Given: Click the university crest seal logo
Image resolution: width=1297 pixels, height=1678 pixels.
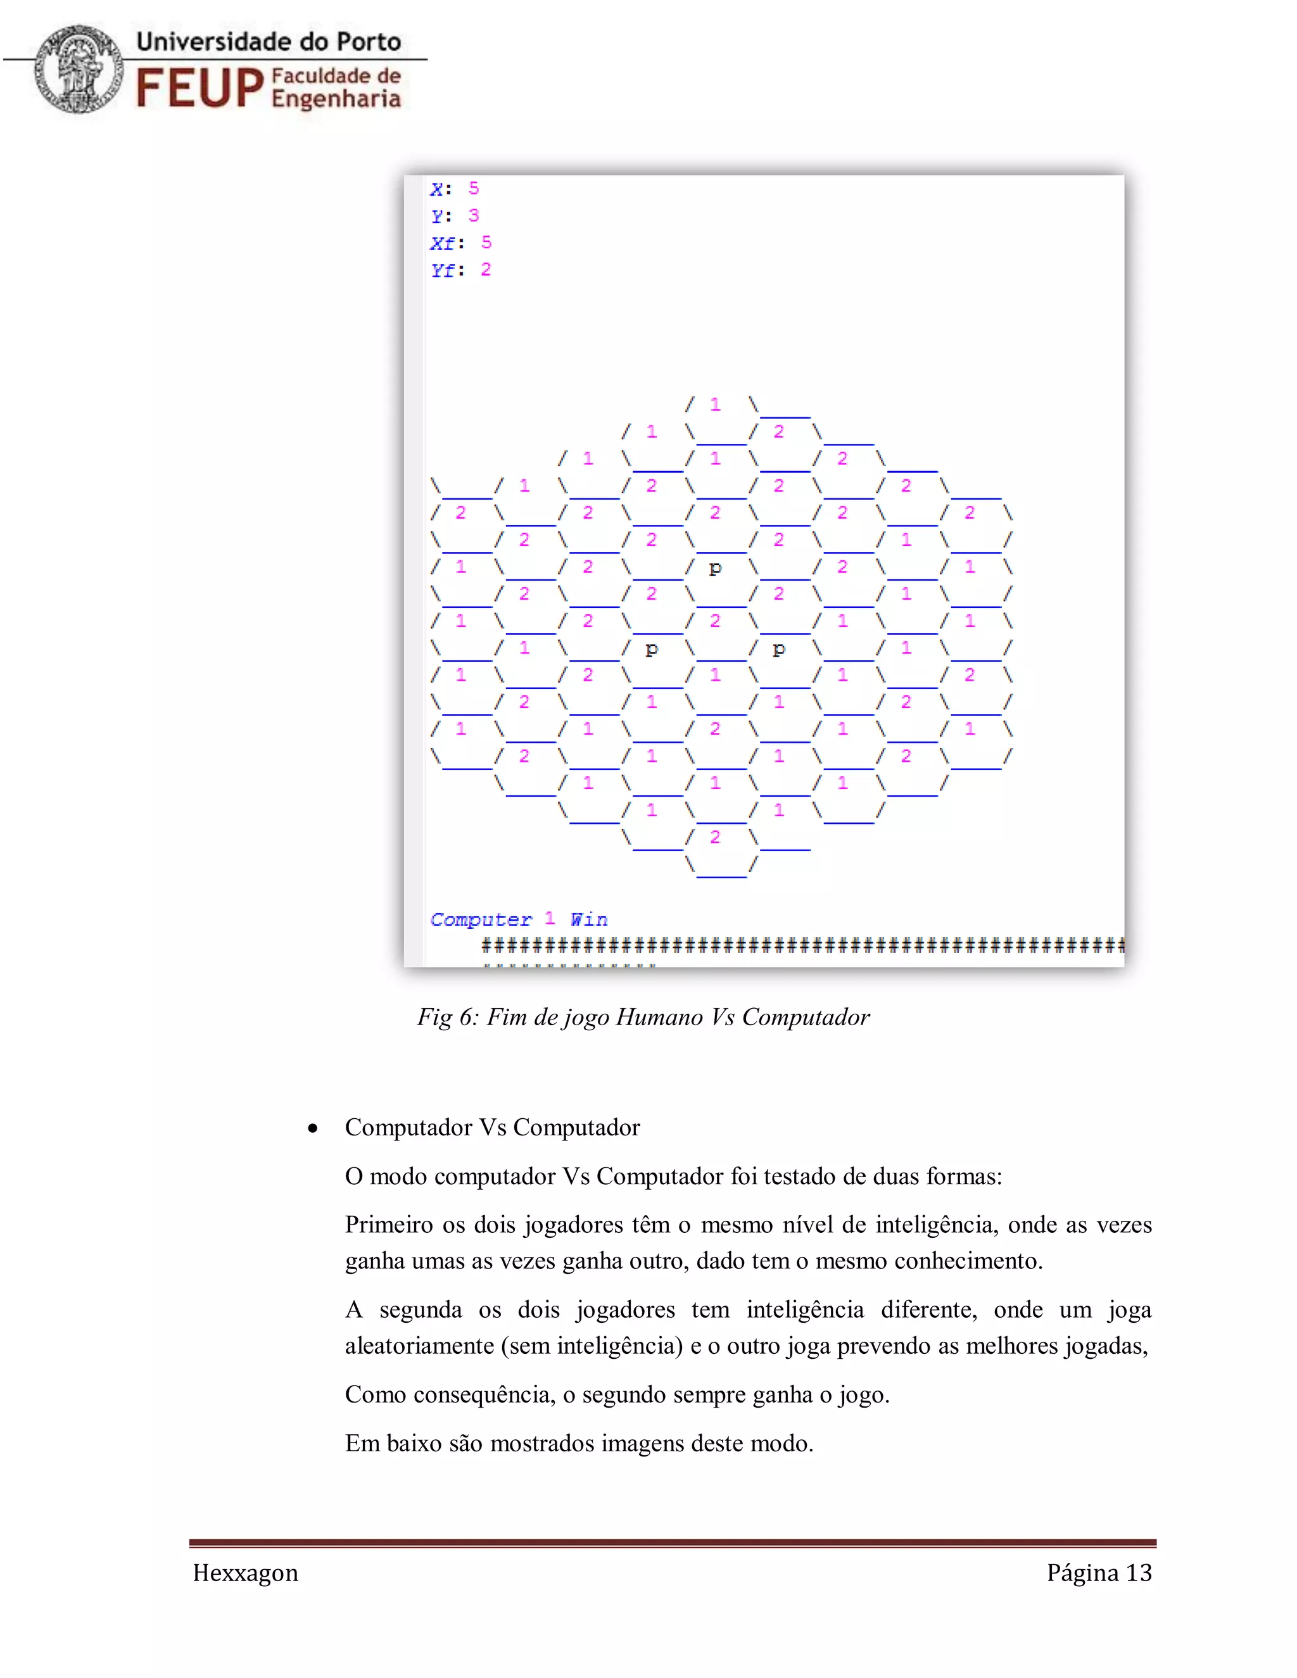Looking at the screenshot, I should tap(79, 69).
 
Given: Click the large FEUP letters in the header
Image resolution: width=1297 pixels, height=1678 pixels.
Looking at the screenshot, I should tap(199, 87).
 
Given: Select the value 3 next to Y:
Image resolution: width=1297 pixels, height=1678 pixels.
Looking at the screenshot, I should tap(473, 216).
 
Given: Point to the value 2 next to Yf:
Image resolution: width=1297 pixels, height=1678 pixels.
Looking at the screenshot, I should tap(486, 270).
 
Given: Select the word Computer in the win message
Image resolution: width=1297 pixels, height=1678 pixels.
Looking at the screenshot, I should tap(481, 919).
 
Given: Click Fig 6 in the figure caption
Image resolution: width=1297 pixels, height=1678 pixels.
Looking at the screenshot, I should tap(447, 1018).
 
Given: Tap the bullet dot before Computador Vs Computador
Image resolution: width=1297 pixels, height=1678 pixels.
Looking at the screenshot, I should tap(313, 1128).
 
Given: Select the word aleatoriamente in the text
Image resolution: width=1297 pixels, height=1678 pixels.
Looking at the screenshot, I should tap(419, 1346).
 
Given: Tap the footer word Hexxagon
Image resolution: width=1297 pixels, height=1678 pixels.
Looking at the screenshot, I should tap(245, 1573).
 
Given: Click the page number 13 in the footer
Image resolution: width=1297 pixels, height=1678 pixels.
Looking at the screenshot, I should tap(1139, 1573).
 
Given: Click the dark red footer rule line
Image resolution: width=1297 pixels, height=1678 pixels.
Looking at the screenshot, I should tap(673, 1542).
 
